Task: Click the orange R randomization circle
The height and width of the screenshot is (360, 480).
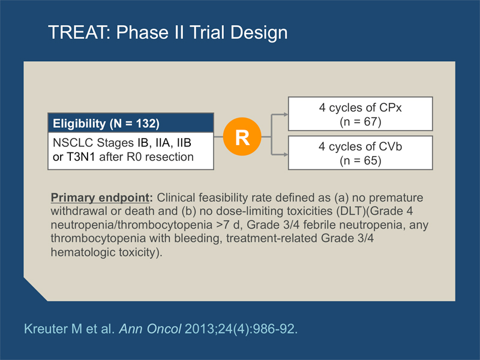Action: point(242,137)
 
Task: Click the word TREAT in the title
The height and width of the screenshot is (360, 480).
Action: point(79,32)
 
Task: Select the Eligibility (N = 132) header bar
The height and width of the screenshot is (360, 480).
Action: point(131,123)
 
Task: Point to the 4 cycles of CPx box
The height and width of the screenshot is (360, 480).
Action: point(361,114)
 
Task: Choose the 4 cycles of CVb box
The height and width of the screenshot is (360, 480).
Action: point(361,153)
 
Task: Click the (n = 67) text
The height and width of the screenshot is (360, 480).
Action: point(361,122)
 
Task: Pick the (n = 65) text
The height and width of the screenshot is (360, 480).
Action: point(361,161)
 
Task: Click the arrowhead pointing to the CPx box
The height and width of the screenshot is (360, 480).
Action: point(286,115)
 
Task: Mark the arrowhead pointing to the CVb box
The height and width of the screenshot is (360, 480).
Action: point(286,154)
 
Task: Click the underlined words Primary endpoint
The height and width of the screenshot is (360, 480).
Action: point(100,198)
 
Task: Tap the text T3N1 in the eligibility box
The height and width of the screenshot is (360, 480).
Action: point(81,157)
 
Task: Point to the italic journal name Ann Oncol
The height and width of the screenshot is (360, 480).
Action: point(150,329)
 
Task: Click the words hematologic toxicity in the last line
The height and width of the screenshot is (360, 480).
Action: point(103,252)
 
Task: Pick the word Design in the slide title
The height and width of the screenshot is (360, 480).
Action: point(259,32)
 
